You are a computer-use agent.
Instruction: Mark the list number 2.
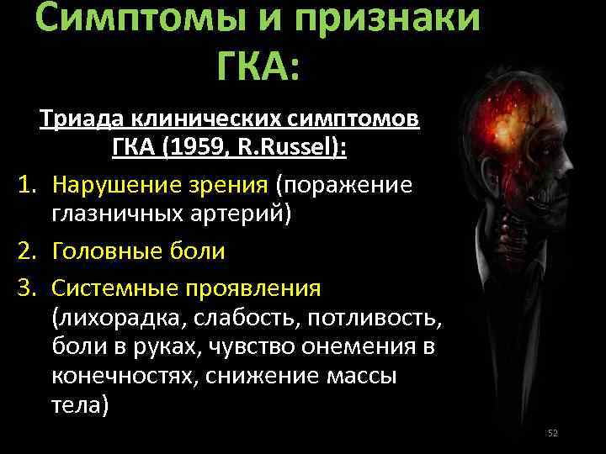[x=24, y=250]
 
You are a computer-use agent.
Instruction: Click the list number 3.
[x=24, y=288]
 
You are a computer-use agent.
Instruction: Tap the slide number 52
[x=552, y=433]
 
